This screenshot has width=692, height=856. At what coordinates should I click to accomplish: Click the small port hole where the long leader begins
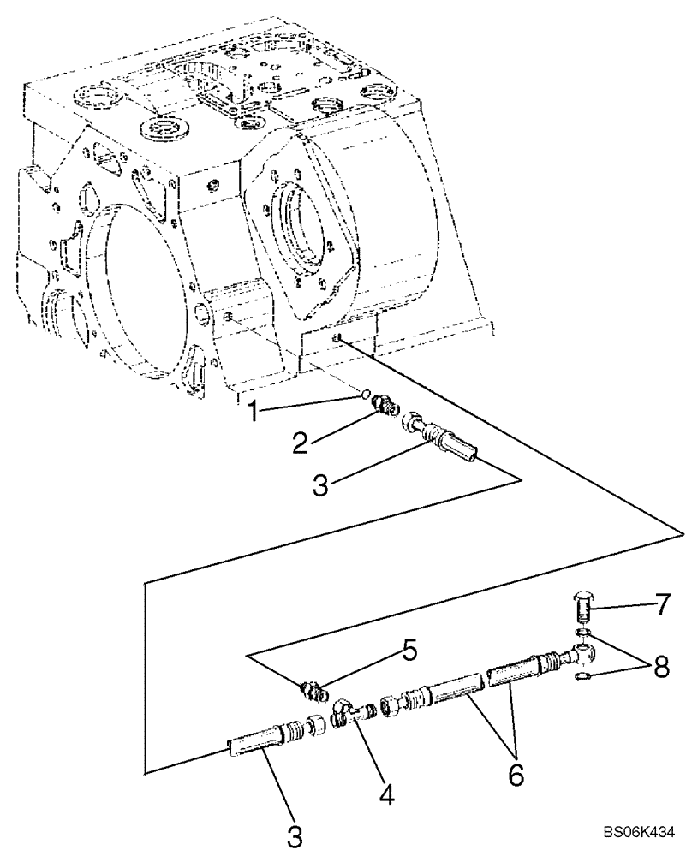click(x=340, y=341)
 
